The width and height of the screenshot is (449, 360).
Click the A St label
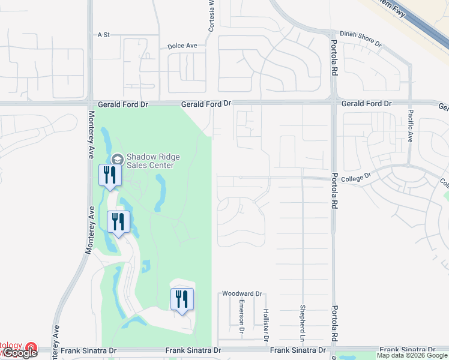click(103, 35)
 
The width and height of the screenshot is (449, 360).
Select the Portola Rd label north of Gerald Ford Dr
click(334, 61)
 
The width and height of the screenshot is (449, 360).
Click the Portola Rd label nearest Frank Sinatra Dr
click(334, 326)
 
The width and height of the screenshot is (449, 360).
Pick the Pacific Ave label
click(411, 124)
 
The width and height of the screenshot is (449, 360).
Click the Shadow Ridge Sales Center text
click(150, 161)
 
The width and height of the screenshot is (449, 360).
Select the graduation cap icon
click(117, 158)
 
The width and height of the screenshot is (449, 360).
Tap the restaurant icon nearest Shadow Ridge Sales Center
click(110, 175)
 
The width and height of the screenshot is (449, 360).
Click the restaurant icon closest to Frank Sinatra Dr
click(182, 299)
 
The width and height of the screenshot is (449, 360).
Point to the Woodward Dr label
click(243, 293)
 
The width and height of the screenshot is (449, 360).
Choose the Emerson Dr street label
click(241, 316)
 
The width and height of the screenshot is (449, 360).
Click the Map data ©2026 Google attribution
click(411, 355)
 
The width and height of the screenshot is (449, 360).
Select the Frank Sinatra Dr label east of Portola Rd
click(407, 350)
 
